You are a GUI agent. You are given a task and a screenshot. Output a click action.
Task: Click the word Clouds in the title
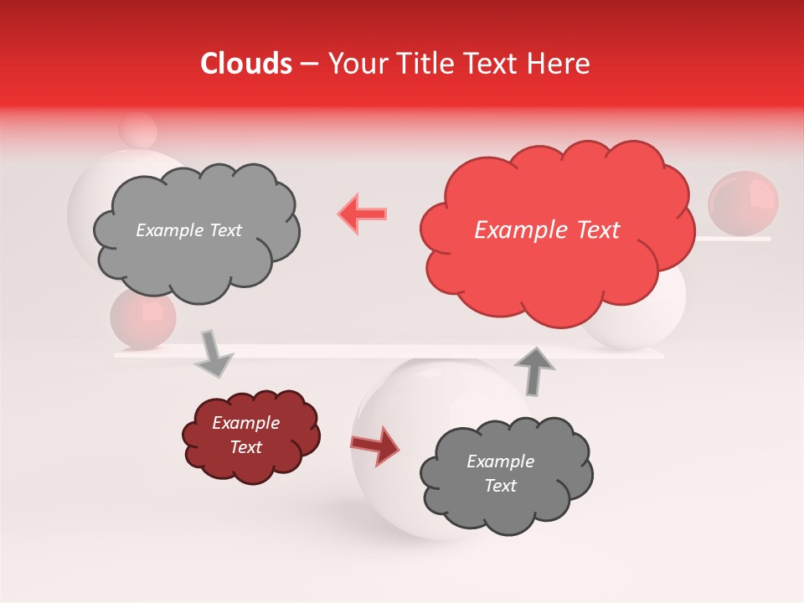[246, 64]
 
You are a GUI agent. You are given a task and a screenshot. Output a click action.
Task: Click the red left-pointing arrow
[363, 214]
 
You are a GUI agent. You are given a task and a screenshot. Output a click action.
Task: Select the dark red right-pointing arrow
[376, 445]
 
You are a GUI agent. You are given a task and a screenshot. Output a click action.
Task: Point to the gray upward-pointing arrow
[533, 370]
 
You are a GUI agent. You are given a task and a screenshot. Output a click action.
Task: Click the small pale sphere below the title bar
[138, 130]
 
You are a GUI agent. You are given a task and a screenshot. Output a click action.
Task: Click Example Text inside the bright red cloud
[547, 230]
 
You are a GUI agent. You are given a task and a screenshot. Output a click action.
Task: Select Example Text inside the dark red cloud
[246, 435]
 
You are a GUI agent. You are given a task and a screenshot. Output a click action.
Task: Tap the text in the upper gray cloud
[188, 230]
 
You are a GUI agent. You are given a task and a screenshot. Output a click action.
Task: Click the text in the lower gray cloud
[500, 473]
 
